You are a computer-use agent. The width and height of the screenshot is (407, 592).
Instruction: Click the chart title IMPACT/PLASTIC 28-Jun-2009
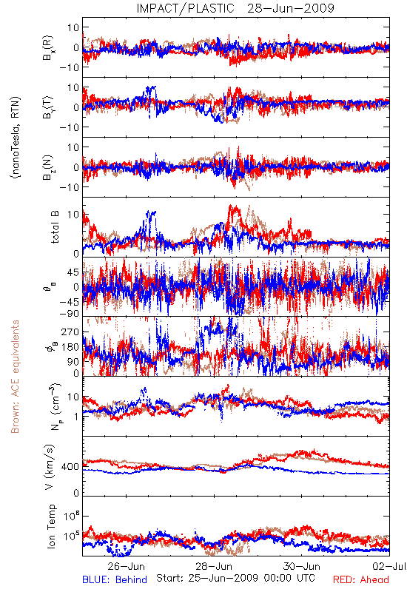tap(235, 8)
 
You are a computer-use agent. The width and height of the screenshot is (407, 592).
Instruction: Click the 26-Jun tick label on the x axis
tap(126, 566)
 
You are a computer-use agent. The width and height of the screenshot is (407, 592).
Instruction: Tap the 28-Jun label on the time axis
tap(214, 566)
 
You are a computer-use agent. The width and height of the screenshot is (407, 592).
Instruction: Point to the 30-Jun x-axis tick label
tap(302, 566)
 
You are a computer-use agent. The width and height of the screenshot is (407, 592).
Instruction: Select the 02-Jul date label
tap(389, 566)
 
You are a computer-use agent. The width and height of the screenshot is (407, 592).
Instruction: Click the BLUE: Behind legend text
tap(115, 580)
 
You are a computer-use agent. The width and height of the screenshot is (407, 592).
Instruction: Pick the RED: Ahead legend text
tap(361, 580)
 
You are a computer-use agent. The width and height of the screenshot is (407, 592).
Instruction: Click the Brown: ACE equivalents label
tap(15, 377)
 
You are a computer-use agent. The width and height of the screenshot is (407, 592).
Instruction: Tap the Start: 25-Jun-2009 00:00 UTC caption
tap(235, 578)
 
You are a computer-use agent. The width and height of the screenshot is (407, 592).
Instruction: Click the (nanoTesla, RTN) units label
tap(16, 137)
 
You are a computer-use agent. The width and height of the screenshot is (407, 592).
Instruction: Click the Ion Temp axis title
tap(51, 526)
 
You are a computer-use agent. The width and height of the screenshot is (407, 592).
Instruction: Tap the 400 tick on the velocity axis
tap(70, 467)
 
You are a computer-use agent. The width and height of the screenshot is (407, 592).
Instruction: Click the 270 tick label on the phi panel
tap(70, 332)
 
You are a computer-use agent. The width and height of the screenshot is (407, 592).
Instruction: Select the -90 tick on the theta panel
tap(70, 314)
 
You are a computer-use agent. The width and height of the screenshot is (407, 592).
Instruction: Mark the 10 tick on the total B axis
tap(73, 215)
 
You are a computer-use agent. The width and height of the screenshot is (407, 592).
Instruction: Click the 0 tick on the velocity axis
tap(76, 493)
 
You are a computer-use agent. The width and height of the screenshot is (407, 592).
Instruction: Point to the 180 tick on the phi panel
tap(70, 347)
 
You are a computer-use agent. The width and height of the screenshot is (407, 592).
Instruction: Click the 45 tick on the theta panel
tap(73, 272)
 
